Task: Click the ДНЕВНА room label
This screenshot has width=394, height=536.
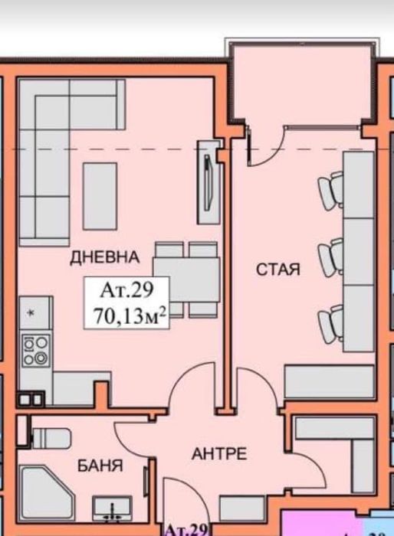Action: click(x=104, y=257)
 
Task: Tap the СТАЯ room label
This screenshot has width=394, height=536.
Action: click(x=277, y=270)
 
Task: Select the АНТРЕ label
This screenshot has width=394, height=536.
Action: click(x=218, y=454)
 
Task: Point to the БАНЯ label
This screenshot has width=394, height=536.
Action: click(x=100, y=465)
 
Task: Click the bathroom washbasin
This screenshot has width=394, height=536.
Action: click(x=113, y=508)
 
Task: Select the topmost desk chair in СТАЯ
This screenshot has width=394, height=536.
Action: click(x=330, y=189)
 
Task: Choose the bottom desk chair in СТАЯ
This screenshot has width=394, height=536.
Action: click(x=331, y=322)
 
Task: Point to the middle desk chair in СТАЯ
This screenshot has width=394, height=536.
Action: click(x=331, y=257)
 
